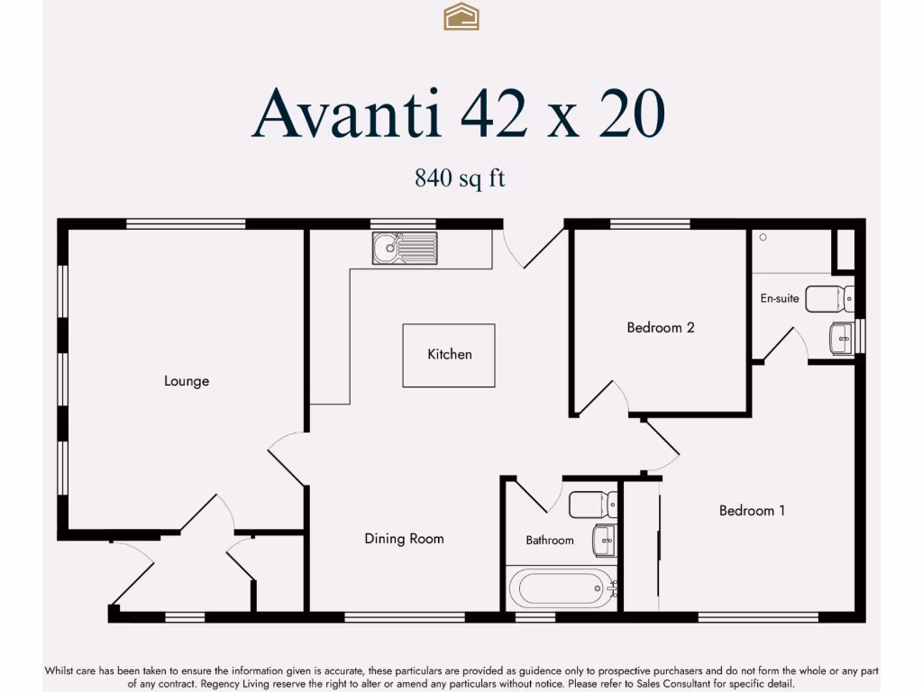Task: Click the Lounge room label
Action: coord(187,381)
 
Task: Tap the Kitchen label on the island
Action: coord(449,354)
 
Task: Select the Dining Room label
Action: coord(404,539)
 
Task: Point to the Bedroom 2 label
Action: coord(661,327)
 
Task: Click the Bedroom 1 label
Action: coord(752,511)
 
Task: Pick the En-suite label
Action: coord(780,298)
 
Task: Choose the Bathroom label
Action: coord(550,541)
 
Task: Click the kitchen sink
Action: coord(405,248)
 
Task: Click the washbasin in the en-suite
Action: coord(841,339)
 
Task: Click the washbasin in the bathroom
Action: coord(604,541)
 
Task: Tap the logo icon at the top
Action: coord(461,16)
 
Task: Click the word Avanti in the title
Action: coord(347,115)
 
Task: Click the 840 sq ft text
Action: coord(460,178)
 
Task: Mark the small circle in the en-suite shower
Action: coord(763,238)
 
